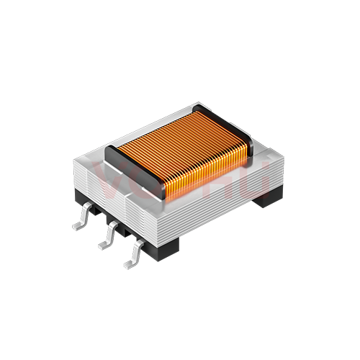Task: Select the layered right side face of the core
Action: (223, 205)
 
